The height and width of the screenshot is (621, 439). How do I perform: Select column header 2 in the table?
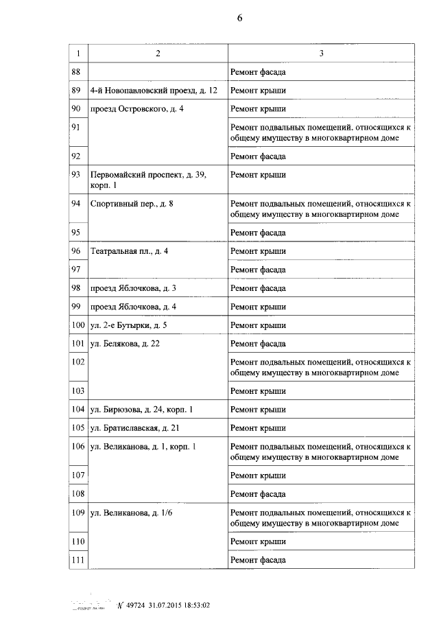tap(158, 54)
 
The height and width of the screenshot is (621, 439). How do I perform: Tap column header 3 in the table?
tap(321, 54)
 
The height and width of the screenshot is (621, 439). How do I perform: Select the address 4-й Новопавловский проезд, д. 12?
tap(154, 91)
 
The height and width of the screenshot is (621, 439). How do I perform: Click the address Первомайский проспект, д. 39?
tap(148, 175)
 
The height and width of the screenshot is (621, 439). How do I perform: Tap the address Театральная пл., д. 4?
tap(129, 251)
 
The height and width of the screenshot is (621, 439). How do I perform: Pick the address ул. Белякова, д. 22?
tap(125, 344)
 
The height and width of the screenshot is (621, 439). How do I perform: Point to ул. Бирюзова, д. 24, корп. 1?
tap(141, 410)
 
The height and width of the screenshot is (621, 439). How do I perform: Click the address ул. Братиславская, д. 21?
tap(135, 428)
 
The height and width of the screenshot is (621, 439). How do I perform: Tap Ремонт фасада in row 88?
tap(258, 72)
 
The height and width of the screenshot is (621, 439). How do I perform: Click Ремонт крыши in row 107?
tap(258, 476)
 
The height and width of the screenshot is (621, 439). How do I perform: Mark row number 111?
tap(78, 560)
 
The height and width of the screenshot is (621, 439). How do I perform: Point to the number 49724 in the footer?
tap(136, 605)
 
